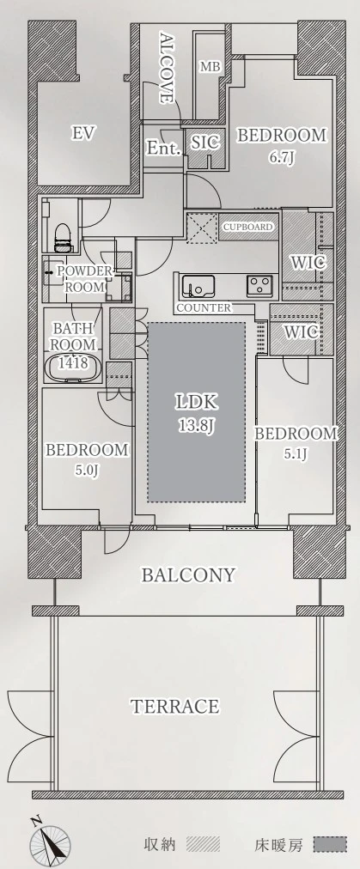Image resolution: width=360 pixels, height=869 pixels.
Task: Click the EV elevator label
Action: tap(83, 133)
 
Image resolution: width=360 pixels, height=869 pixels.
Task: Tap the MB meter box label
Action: tap(211, 67)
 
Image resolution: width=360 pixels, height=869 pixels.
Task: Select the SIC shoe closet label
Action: tap(205, 143)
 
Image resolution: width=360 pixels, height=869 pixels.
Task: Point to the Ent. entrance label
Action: tap(163, 148)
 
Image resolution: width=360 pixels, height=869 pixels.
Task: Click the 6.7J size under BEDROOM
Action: tap(281, 157)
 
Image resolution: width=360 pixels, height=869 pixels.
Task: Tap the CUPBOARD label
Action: tap(248, 227)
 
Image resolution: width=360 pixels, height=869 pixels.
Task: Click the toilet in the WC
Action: tap(63, 237)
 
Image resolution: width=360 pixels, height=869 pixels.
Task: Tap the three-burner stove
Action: tap(259, 286)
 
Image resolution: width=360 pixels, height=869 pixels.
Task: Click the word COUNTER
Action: tap(204, 307)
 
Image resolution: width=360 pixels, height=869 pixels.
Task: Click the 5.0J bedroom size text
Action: tap(87, 471)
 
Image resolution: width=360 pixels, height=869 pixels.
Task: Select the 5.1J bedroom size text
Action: tap(296, 454)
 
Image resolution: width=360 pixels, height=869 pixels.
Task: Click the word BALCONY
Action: tap(189, 575)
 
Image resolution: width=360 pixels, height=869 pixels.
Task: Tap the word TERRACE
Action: tap(174, 707)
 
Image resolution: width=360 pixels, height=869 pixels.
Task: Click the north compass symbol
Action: tap(49, 839)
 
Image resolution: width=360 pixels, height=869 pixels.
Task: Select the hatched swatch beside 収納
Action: tap(203, 844)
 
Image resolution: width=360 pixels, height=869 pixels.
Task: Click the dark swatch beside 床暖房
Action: tap(330, 844)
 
